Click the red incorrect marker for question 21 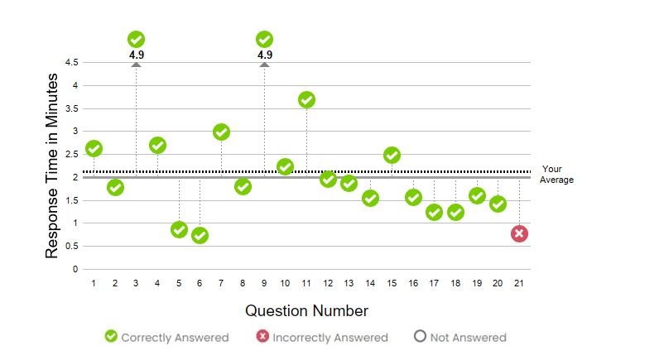(x=519, y=233)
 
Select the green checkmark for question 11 (x=306, y=100)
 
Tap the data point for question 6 (x=200, y=235)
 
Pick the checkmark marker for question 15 (x=392, y=155)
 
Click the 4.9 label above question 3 (x=137, y=55)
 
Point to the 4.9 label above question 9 (x=264, y=55)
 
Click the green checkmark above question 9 (x=264, y=39)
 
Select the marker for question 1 (x=94, y=148)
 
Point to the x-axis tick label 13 (x=349, y=283)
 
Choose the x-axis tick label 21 (x=519, y=283)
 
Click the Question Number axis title (x=306, y=311)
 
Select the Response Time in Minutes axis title (x=52, y=166)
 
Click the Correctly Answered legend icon (x=111, y=337)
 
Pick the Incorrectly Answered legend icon (x=262, y=337)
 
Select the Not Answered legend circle (x=420, y=337)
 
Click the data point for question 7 (x=221, y=132)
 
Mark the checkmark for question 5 (x=179, y=229)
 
